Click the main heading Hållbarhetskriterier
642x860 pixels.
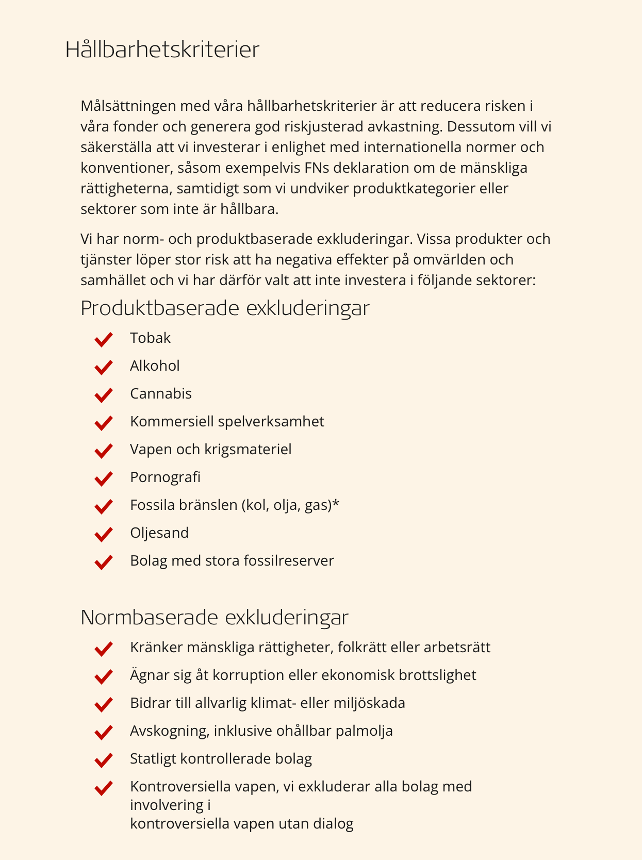pos(162,50)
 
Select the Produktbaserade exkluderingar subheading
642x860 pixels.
pos(225,308)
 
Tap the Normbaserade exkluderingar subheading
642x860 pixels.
pos(215,618)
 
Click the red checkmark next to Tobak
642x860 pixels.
pos(104,339)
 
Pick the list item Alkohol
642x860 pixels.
pos(155,366)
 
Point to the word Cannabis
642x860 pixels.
pos(161,394)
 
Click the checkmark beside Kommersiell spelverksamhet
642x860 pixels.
pos(104,423)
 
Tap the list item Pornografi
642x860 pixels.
pos(165,477)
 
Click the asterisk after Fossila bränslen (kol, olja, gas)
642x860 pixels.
pos(336,503)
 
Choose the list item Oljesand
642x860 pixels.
pos(159,533)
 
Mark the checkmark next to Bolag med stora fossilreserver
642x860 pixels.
pos(104,562)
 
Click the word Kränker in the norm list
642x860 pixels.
pos(156,648)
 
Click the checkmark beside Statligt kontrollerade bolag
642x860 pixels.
pos(104,760)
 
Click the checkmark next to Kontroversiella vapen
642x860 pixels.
pos(104,788)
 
